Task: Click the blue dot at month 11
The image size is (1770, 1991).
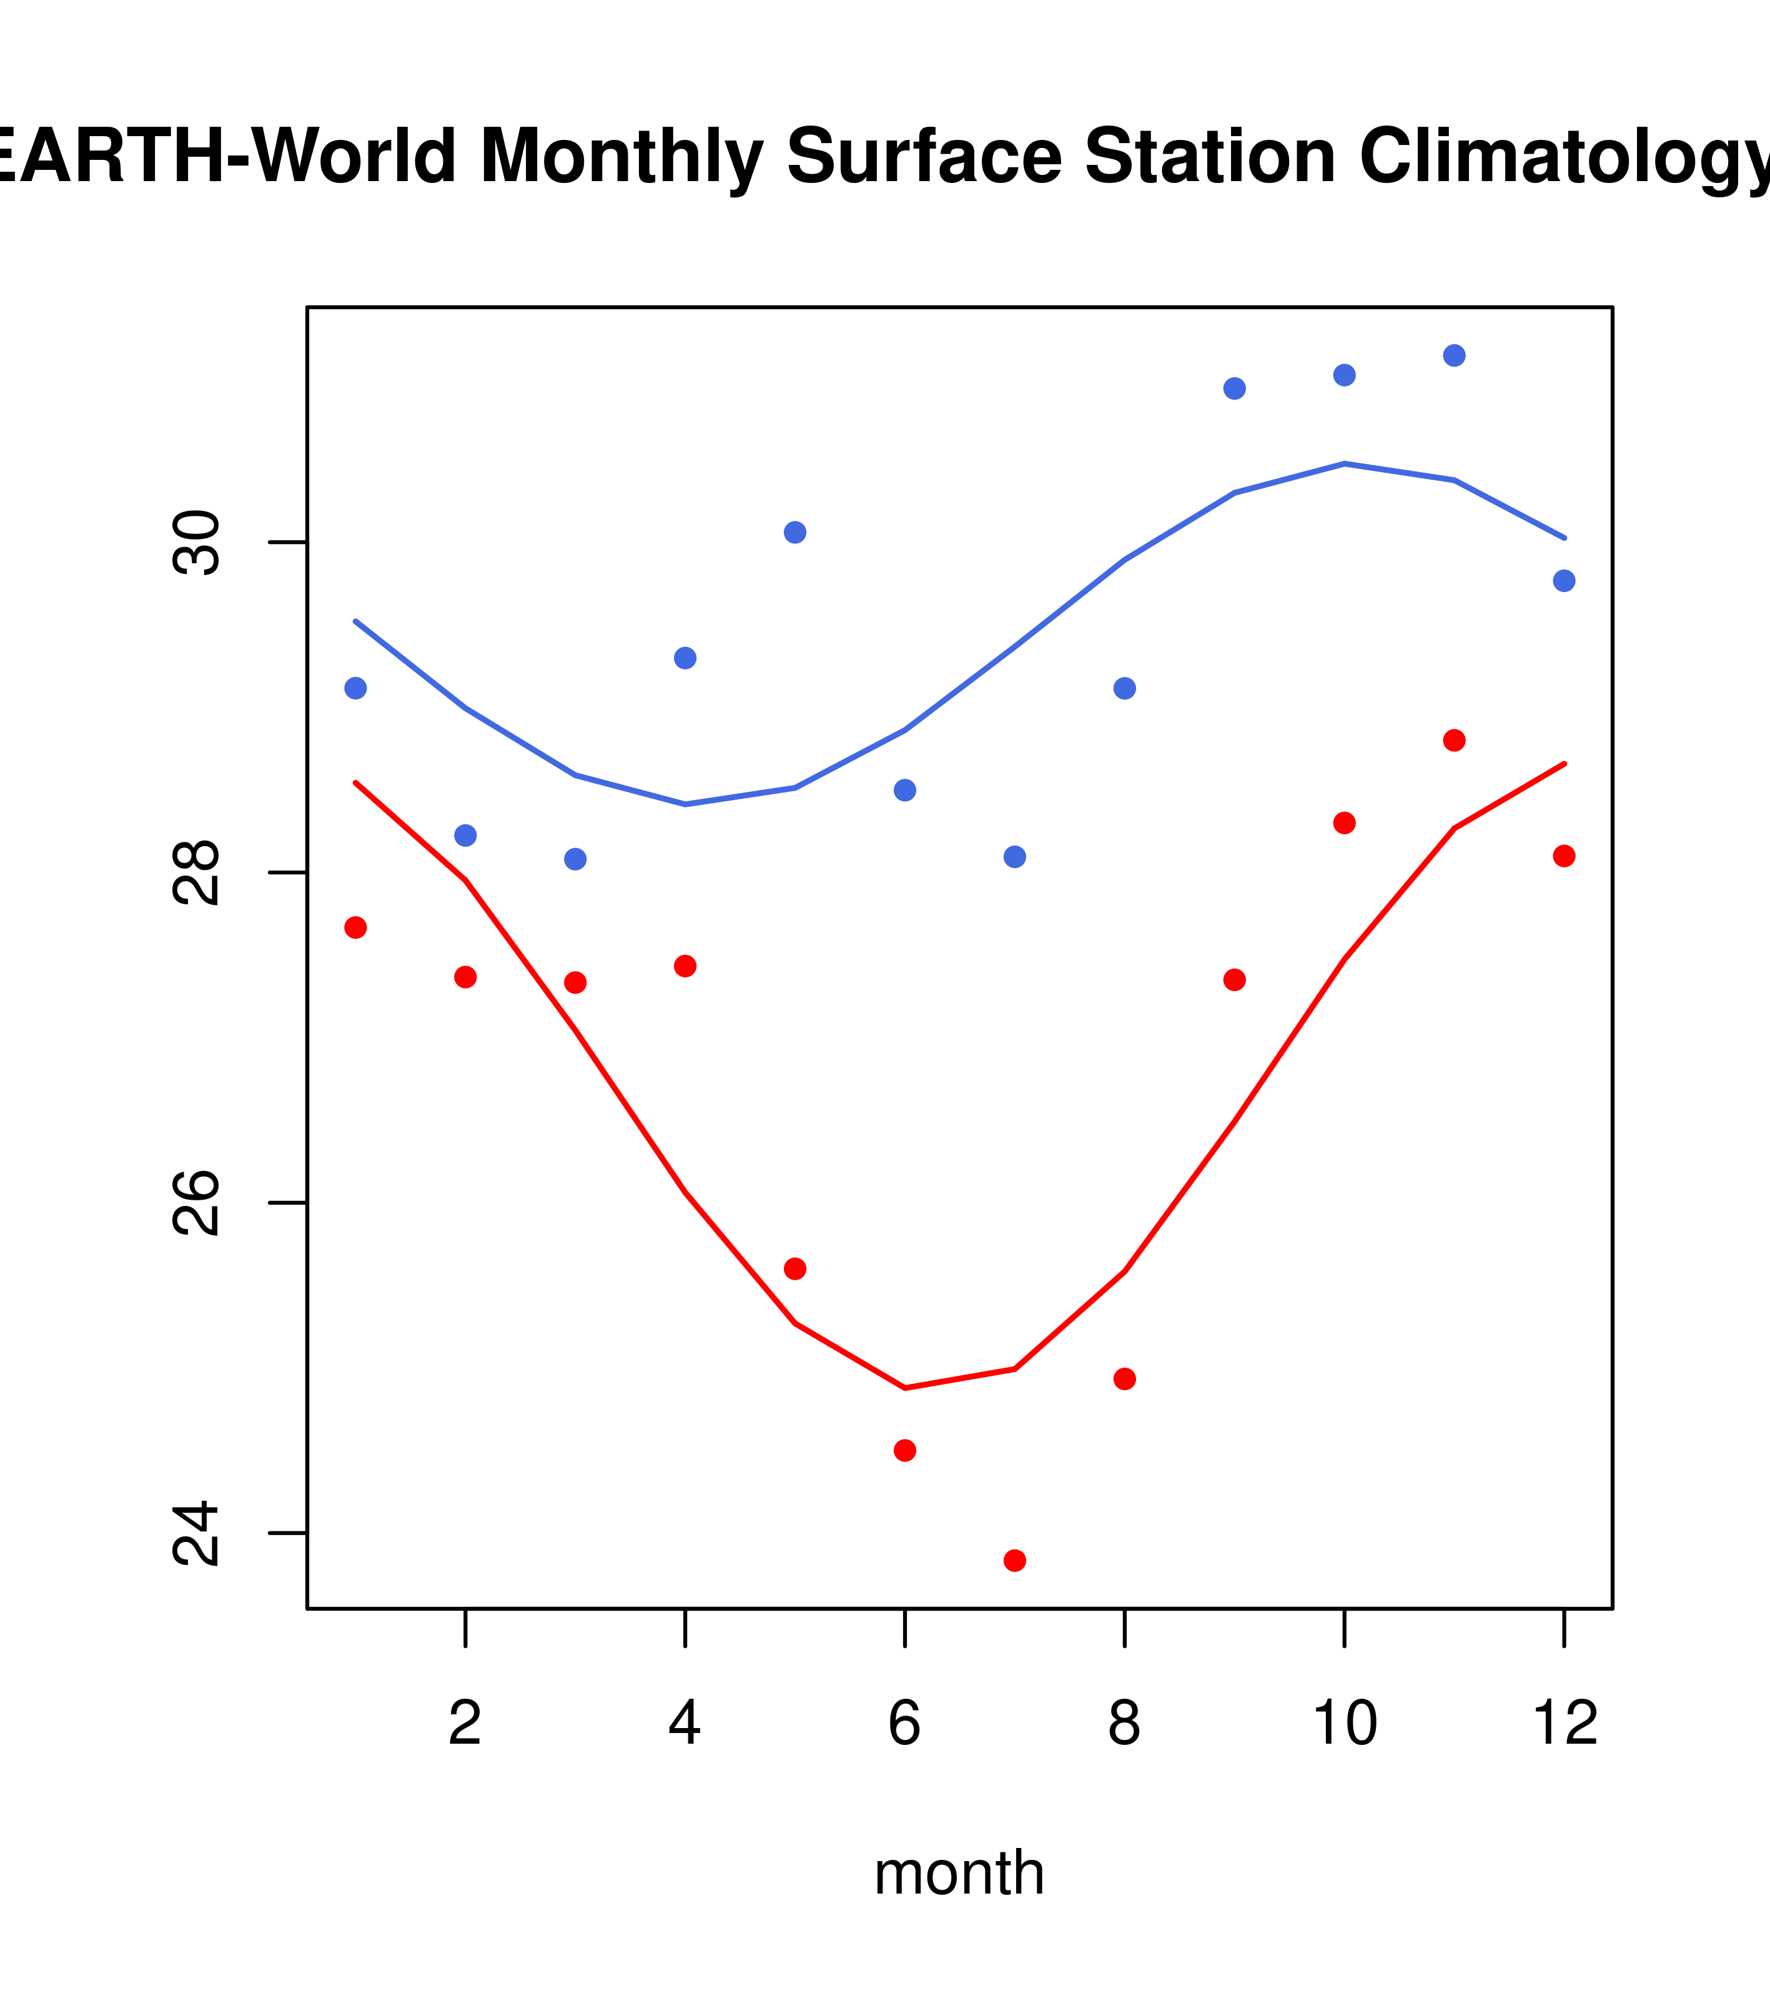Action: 1453,355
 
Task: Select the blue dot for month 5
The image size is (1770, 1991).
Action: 795,532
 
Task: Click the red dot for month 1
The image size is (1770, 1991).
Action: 355,927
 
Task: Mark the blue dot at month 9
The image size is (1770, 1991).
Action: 1234,388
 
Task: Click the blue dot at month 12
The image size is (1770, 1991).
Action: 1563,581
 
